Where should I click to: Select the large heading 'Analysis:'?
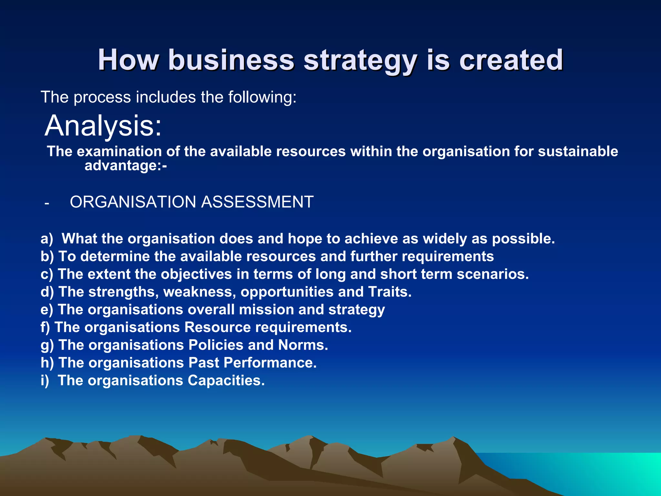pyautogui.click(x=103, y=126)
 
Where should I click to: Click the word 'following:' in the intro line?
pyautogui.click(x=262, y=97)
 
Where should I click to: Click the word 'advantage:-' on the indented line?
pyautogui.click(x=126, y=166)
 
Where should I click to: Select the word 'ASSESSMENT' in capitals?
pyautogui.click(x=257, y=202)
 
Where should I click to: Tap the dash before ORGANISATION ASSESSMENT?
pyautogui.click(x=47, y=203)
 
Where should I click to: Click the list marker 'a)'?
pyautogui.click(x=47, y=239)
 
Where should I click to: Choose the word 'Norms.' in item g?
pyautogui.click(x=303, y=345)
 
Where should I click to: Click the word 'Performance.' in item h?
pyautogui.click(x=270, y=363)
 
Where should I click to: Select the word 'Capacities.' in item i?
pyautogui.click(x=226, y=381)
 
